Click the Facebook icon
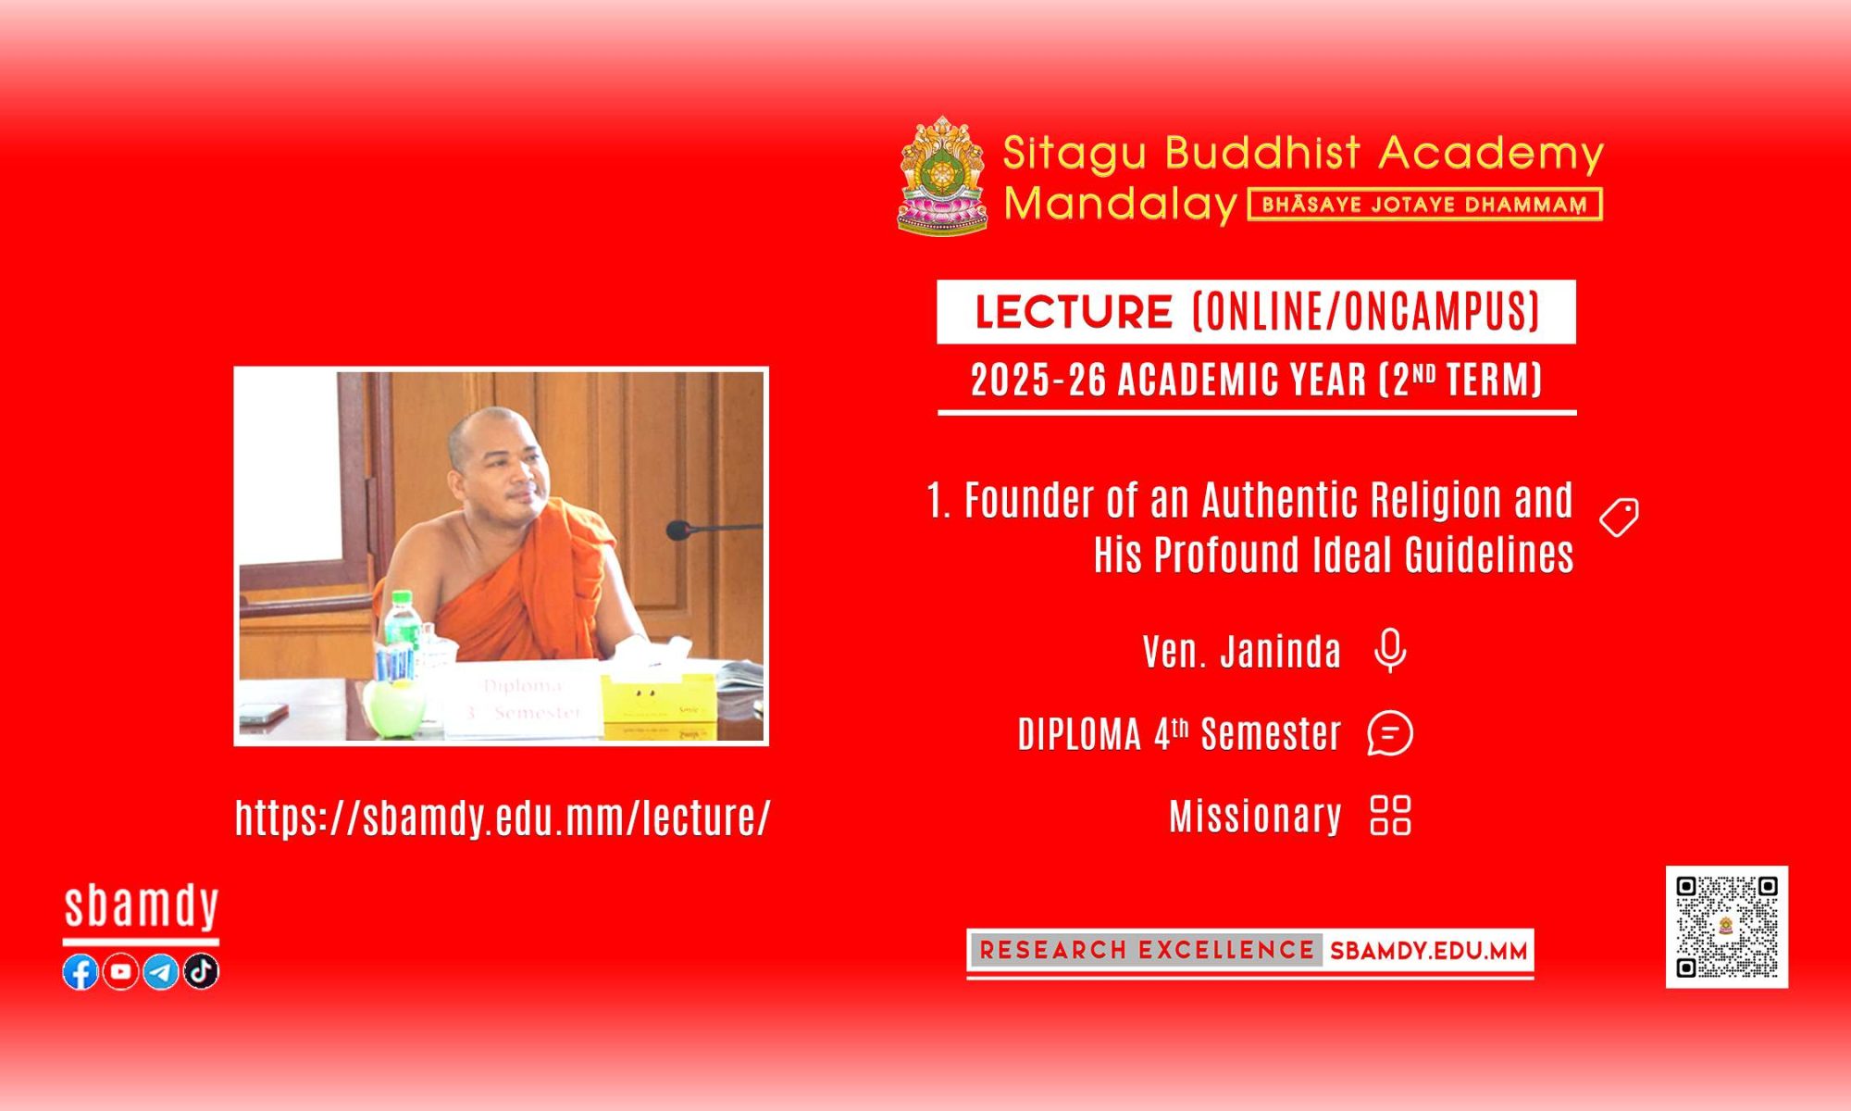tap(81, 971)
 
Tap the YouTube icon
tap(120, 971)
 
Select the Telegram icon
tap(161, 971)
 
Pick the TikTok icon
tap(201, 971)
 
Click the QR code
tap(1727, 927)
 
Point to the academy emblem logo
tap(943, 175)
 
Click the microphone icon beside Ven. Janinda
tap(1390, 651)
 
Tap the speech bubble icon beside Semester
tap(1390, 733)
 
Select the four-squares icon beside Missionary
tap(1390, 816)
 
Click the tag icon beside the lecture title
tap(1620, 518)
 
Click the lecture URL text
tap(503, 818)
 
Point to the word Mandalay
tap(1121, 204)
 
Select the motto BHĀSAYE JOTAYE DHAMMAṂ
tap(1425, 205)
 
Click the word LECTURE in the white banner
tap(1075, 312)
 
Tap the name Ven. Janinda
tap(1242, 652)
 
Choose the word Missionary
tap(1256, 817)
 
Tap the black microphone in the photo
tap(679, 531)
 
